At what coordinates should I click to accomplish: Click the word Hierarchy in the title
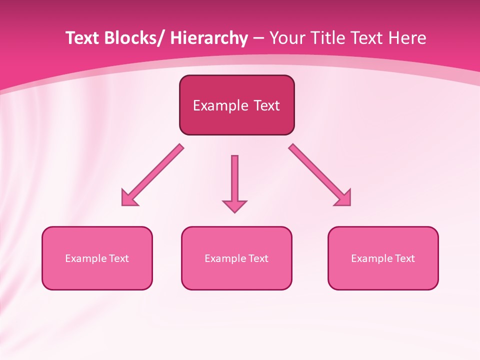click(x=209, y=38)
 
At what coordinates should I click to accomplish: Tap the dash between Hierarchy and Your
click(x=258, y=38)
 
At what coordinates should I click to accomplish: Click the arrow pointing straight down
click(x=234, y=180)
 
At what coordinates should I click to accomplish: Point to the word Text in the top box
click(x=266, y=105)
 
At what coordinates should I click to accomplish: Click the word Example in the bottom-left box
click(x=83, y=258)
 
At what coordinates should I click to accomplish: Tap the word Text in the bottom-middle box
click(x=258, y=258)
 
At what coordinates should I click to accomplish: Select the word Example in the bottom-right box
click(x=369, y=258)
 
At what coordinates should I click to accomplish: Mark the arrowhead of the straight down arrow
click(x=234, y=206)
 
